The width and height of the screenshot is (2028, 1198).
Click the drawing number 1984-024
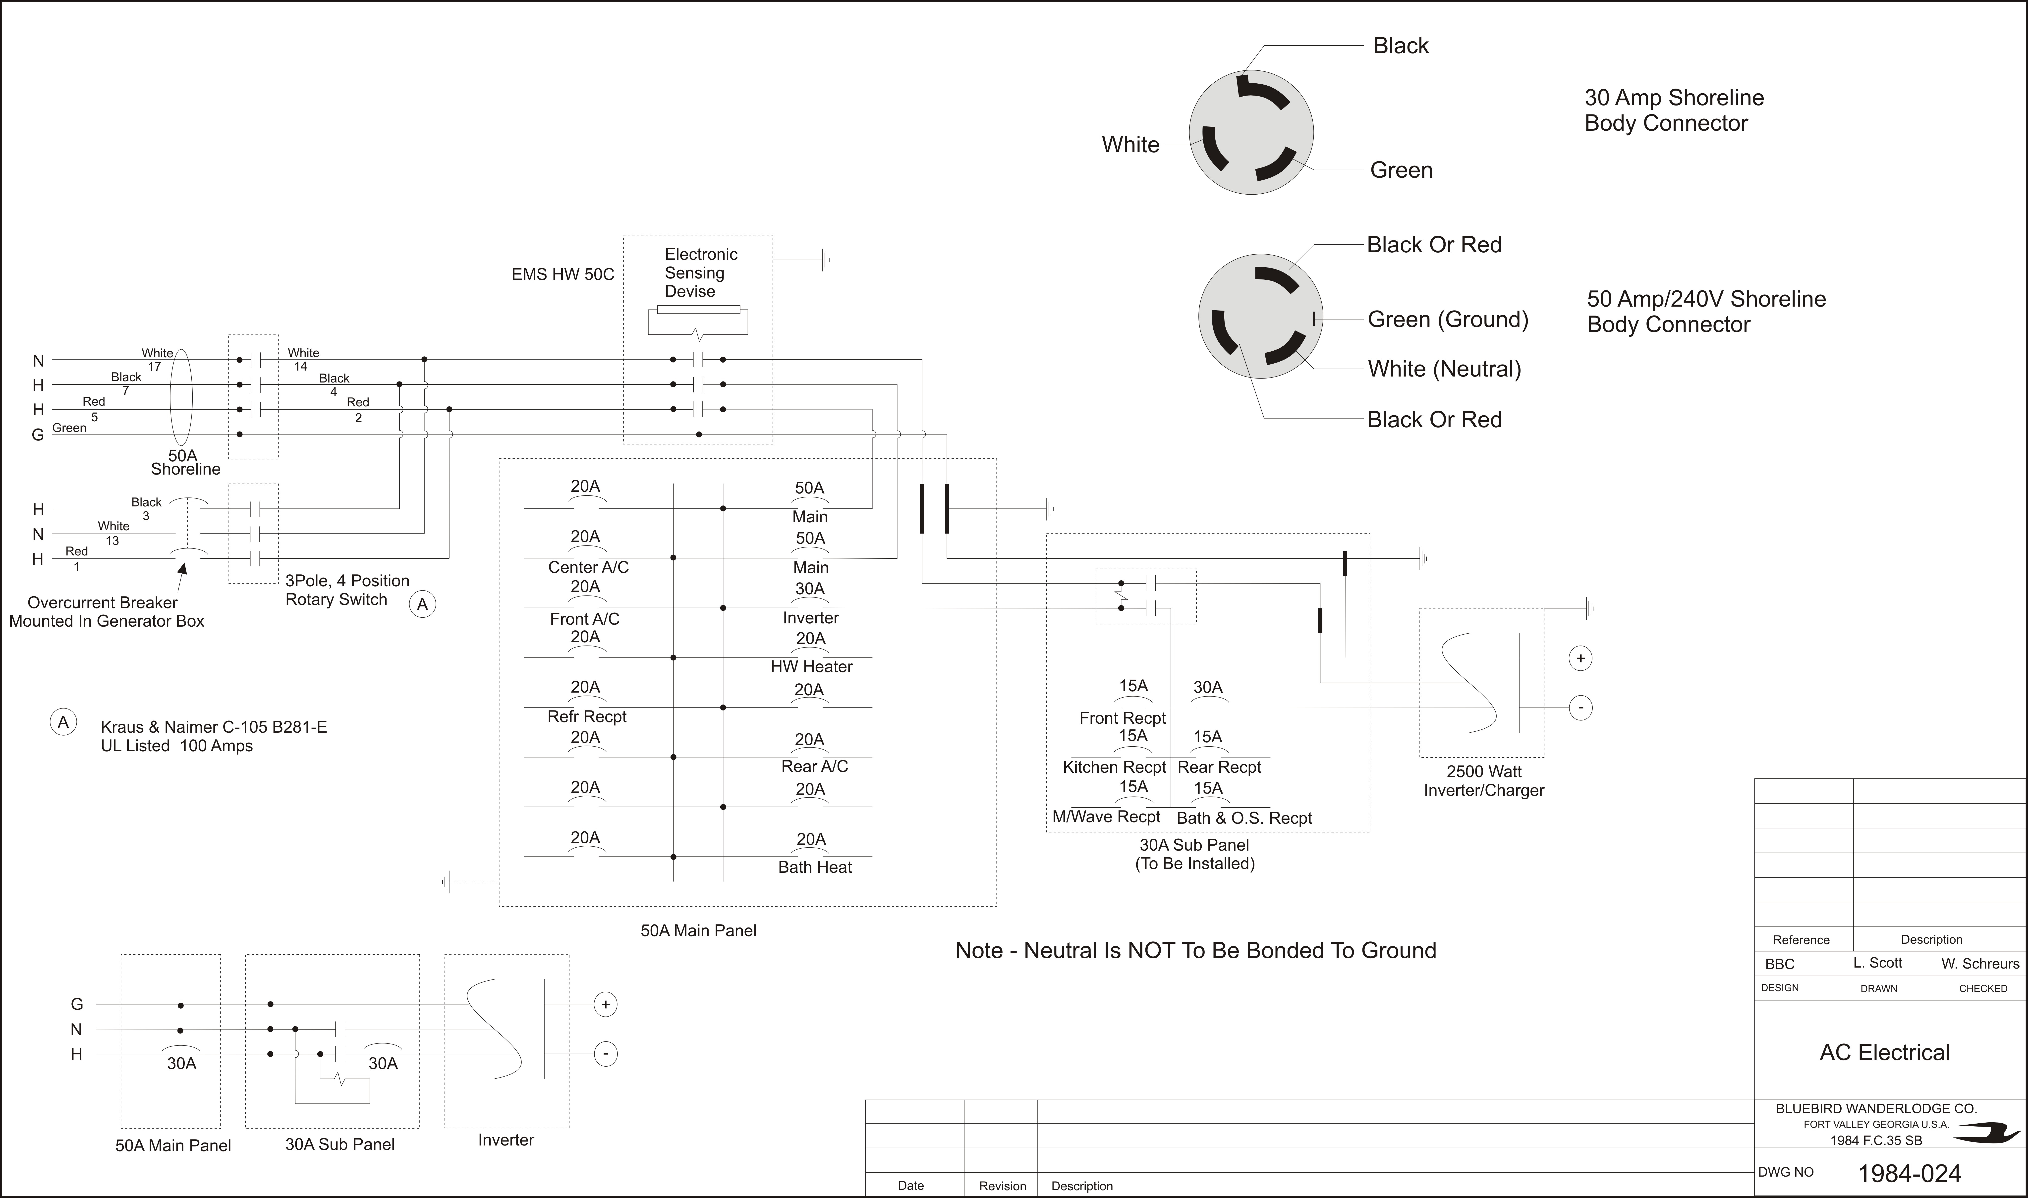pos(1909,1173)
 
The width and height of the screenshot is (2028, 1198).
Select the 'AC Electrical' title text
pos(1884,1053)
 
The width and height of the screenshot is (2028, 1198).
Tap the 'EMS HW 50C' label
pos(563,274)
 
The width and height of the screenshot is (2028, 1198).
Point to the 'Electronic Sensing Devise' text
pos(701,273)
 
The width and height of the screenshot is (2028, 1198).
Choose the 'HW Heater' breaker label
pos(811,667)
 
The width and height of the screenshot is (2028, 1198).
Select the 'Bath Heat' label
pos(815,867)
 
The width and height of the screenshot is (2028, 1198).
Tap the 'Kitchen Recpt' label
pos(1114,767)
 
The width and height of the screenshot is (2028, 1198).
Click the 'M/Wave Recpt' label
pos(1106,817)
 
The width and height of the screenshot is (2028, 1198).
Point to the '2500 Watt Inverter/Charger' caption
pos(1484,781)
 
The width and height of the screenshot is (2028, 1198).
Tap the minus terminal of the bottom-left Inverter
pos(606,1053)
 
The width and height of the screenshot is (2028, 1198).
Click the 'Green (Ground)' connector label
pos(1448,320)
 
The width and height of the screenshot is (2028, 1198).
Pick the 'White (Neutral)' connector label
pos(1444,369)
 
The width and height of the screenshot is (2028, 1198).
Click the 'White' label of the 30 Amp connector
pos(1130,145)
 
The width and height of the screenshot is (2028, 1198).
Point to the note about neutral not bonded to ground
pos(1196,950)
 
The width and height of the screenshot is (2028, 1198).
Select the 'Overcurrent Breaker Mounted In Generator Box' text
pos(107,612)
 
